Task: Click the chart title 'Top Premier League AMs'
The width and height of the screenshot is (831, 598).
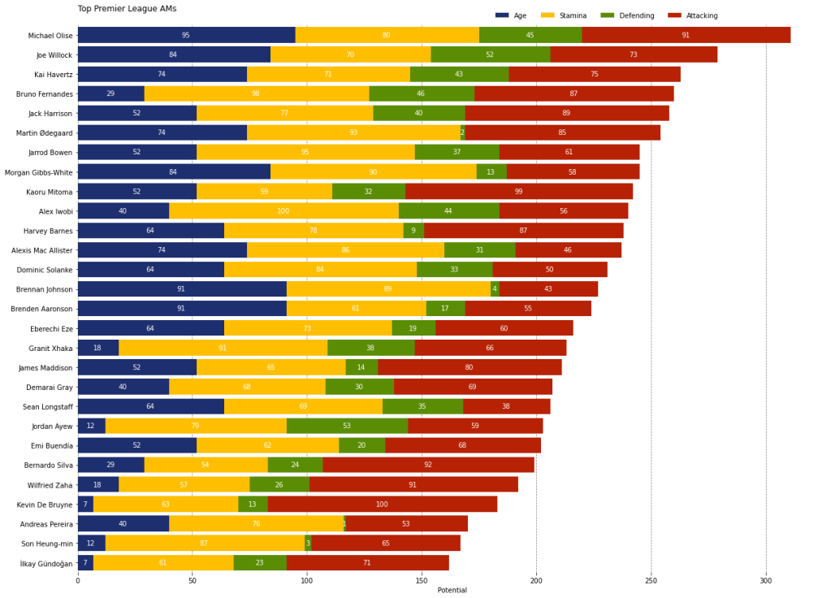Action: click(127, 9)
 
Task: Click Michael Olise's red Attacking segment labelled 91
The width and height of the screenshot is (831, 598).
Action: click(686, 35)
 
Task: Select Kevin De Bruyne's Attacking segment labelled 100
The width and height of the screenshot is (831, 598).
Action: click(382, 504)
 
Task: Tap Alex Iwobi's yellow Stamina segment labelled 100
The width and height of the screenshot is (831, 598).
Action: click(283, 211)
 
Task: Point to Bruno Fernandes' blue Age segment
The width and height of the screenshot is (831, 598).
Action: click(110, 93)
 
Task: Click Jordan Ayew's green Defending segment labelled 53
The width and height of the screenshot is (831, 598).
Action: click(347, 426)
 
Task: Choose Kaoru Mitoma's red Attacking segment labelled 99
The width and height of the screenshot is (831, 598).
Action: click(518, 192)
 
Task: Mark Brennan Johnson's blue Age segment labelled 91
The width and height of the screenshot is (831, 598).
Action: click(181, 289)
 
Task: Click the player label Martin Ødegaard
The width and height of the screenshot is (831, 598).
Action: click(50, 132)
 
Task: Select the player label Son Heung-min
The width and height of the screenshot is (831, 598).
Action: click(50, 543)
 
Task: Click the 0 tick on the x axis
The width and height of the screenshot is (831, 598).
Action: click(77, 581)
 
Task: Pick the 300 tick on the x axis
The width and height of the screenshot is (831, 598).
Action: click(765, 581)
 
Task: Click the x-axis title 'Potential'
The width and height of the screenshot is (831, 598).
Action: click(452, 590)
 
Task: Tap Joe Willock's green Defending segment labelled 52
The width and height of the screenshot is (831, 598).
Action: click(490, 54)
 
